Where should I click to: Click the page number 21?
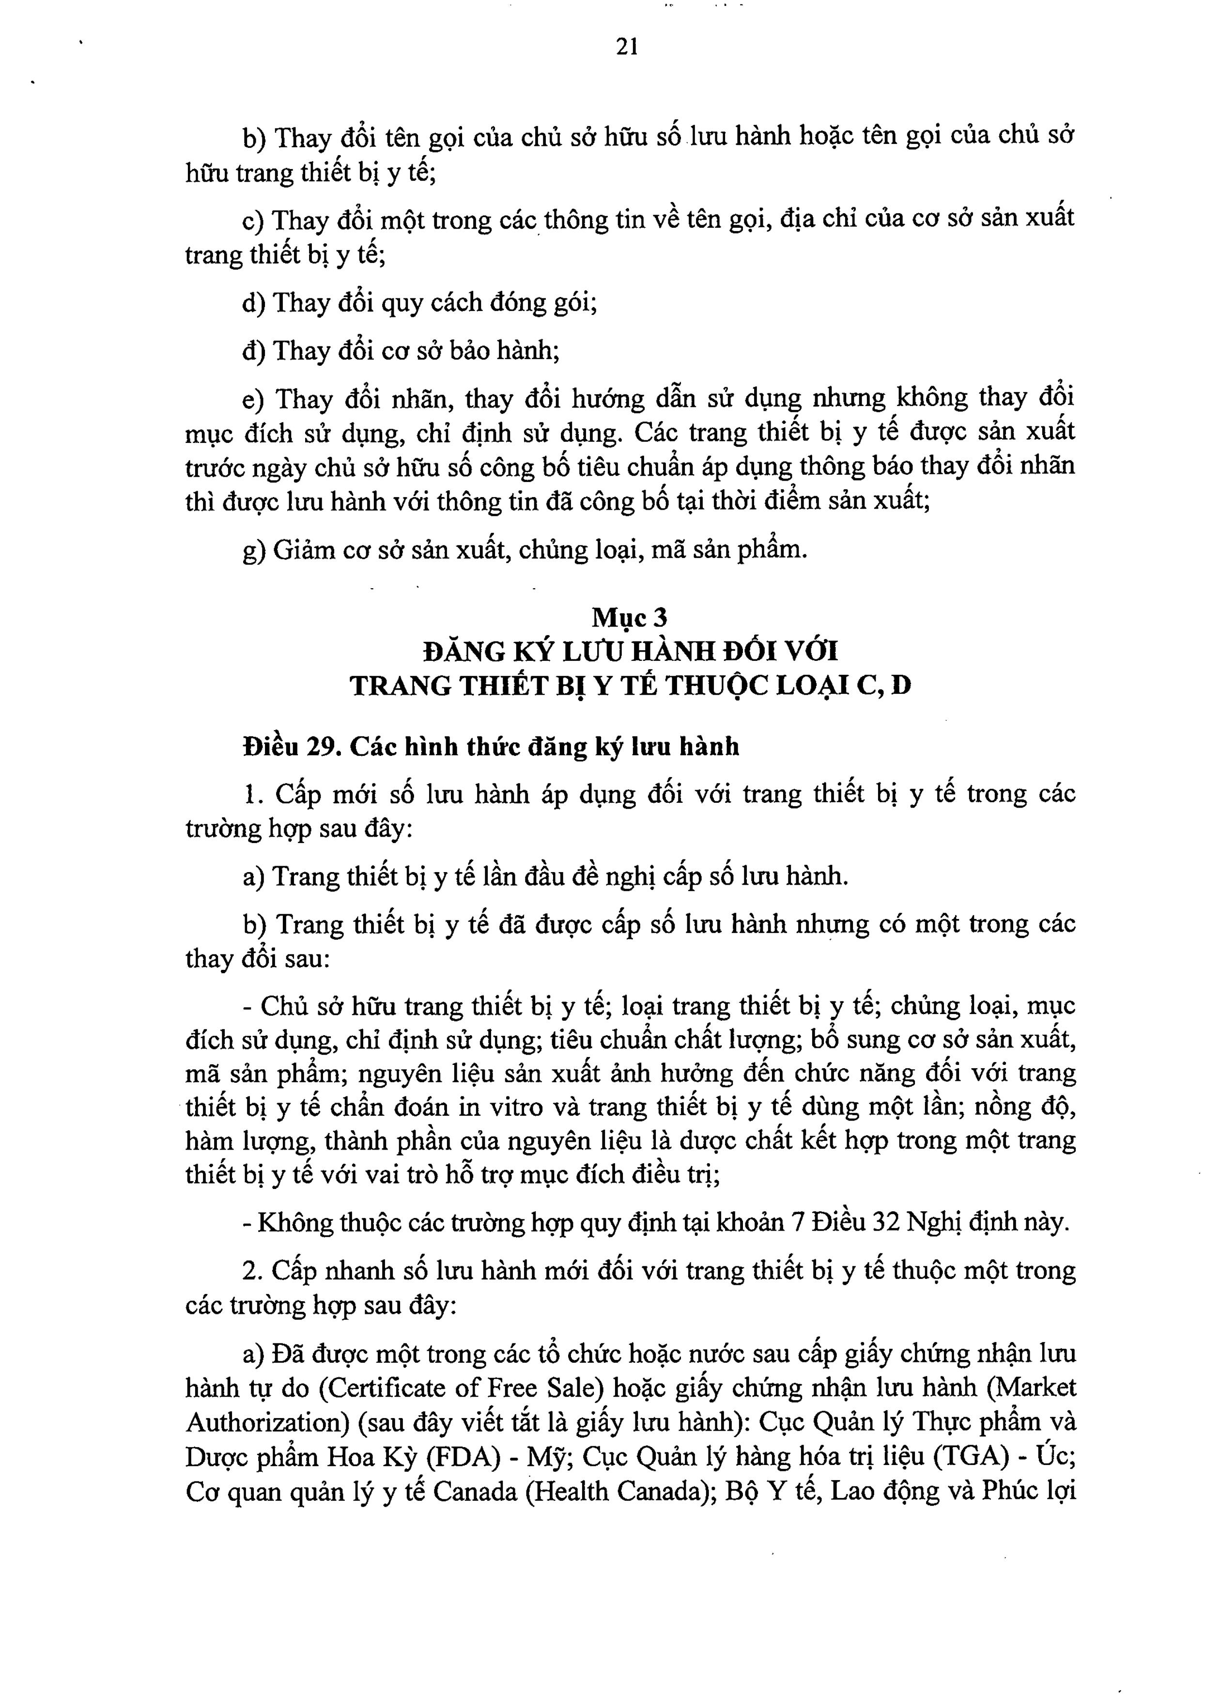[x=627, y=47]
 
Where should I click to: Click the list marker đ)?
[x=254, y=350]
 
